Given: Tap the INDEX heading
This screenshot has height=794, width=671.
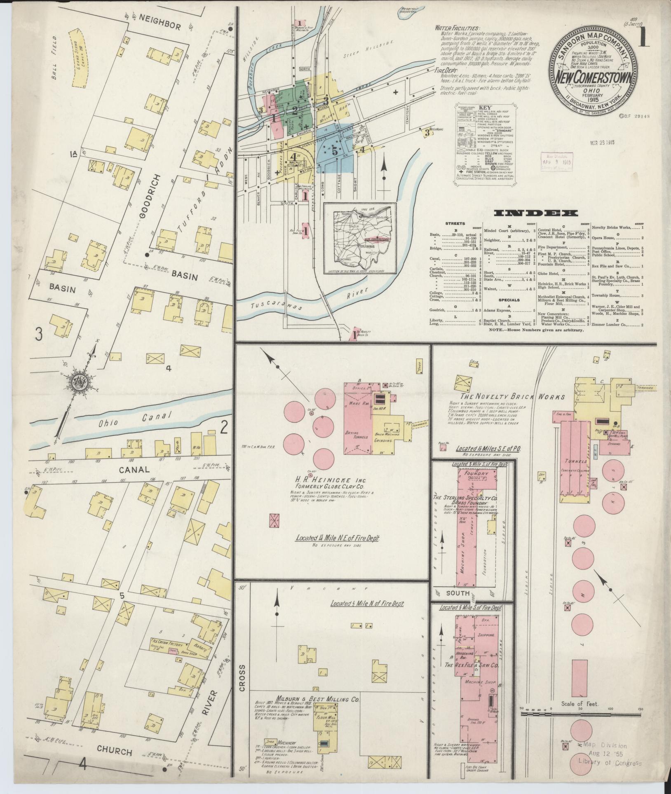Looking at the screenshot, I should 535,213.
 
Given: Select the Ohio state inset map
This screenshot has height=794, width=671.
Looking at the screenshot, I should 359,239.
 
